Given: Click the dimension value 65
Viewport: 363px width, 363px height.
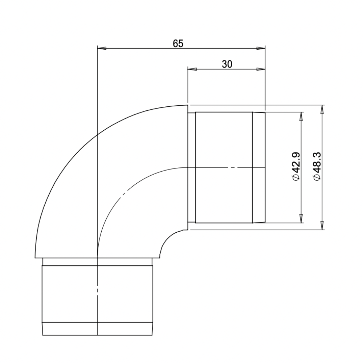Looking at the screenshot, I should [178, 44].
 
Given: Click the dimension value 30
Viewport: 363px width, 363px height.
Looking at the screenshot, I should [227, 64].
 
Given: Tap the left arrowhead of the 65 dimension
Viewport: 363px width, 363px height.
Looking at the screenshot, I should [102, 48].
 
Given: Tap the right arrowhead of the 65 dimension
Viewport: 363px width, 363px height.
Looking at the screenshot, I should [261, 48].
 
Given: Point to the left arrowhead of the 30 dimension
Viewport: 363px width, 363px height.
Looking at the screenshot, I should [192, 69].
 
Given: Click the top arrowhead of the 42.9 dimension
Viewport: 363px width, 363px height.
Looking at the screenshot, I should [301, 116].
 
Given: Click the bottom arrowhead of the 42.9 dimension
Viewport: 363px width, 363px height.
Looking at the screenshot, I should [301, 219].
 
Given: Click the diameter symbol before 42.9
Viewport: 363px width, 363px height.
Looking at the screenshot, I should [296, 178].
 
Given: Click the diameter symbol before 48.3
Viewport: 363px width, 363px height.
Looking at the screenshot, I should [317, 178].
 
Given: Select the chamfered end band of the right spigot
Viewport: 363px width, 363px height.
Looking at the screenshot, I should [259, 167].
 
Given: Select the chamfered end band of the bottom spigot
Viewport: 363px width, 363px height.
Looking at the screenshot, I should [98, 329].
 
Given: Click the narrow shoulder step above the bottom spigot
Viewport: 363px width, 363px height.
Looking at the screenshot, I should [98, 262].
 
